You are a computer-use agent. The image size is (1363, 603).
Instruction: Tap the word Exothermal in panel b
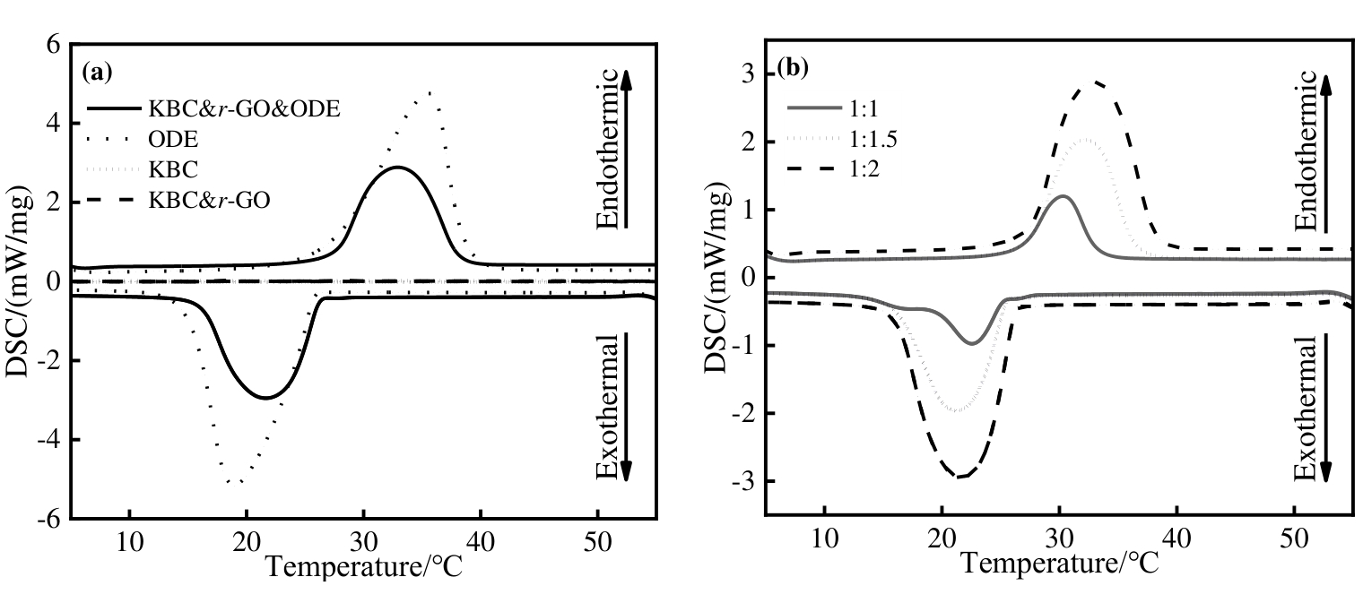coord(1307,407)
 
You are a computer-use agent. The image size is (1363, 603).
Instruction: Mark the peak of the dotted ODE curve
coord(431,92)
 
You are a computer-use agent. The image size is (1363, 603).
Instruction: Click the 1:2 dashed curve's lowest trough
coord(960,477)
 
